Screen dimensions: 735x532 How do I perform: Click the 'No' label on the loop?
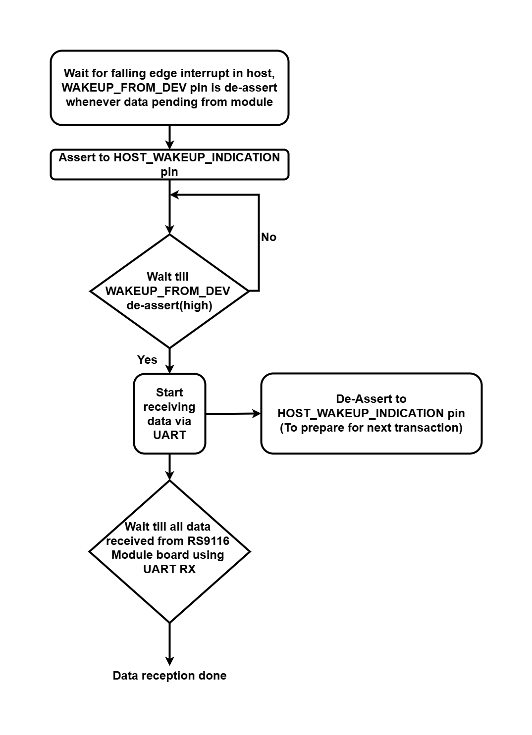coord(268,237)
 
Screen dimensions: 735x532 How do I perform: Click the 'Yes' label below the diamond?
coord(147,360)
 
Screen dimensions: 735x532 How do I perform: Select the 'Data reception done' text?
coord(169,676)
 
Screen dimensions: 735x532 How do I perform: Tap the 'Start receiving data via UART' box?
coord(169,414)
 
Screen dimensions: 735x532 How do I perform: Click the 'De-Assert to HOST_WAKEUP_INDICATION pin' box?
coord(371,413)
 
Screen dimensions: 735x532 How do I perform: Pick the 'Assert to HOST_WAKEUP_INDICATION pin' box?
coord(169,164)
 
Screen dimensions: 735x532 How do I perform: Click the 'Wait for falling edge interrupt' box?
coord(169,88)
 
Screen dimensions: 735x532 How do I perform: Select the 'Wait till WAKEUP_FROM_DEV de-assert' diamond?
coord(169,291)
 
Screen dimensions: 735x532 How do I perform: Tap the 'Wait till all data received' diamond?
coord(169,551)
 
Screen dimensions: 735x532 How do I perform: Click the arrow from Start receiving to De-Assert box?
coord(233,413)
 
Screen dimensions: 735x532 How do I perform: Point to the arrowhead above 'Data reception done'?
coord(169,661)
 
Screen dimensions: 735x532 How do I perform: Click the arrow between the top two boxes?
coord(169,137)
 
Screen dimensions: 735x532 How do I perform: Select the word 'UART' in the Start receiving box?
coord(169,435)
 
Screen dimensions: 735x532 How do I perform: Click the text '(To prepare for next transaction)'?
coord(371,428)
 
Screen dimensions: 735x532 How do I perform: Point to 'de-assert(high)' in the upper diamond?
coord(169,305)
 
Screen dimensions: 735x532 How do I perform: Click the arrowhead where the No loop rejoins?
coord(174,195)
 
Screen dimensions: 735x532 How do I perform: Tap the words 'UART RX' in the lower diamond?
coord(169,569)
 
